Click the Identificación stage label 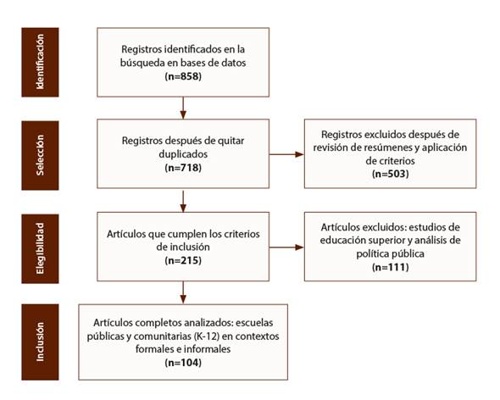tap(40, 62)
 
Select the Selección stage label tap(40, 155)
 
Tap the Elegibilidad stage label tap(40, 248)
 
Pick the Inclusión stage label tap(40, 342)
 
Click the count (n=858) tap(183, 76)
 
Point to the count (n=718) tap(183, 168)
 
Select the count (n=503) tap(391, 174)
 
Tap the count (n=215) tap(183, 260)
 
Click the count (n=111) tap(391, 267)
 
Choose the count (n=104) tap(183, 363)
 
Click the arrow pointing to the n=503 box tap(286, 154)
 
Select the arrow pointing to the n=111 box tap(286, 247)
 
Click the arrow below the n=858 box tap(183, 108)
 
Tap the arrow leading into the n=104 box tap(183, 292)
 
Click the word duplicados tap(183, 154)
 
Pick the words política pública tap(391, 253)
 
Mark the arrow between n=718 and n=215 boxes tap(183, 202)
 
